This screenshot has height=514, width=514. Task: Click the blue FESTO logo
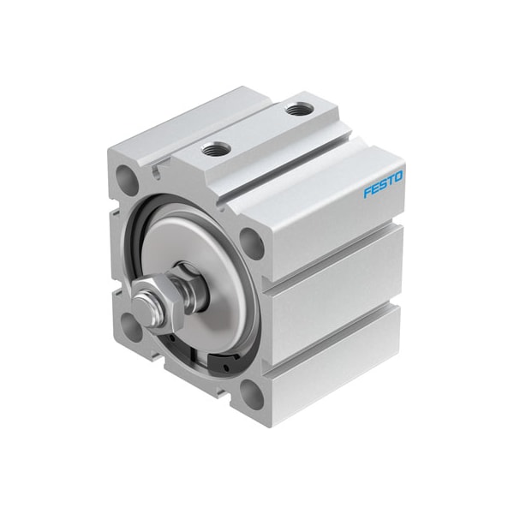coord(383,184)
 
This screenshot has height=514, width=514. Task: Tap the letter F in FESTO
coord(368,192)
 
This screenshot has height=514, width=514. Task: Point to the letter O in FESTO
coord(398,176)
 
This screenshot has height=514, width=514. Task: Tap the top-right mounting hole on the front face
coord(250,242)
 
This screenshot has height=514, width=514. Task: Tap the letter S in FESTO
coord(382,184)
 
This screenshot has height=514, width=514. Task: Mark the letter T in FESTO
coord(390,181)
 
